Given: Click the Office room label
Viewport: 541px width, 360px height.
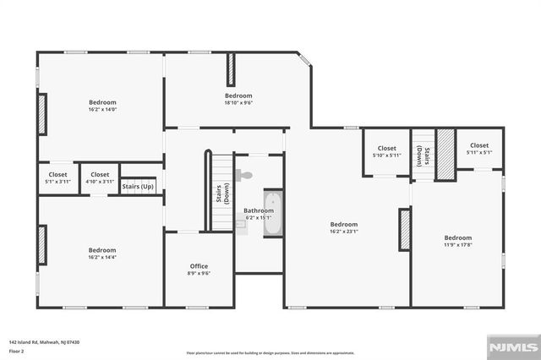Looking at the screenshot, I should tap(198, 266).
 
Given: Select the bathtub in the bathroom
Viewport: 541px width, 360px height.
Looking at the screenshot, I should tap(273, 214).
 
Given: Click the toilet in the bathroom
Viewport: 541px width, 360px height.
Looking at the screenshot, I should tap(244, 176).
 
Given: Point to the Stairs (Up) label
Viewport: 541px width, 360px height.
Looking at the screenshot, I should tap(138, 186).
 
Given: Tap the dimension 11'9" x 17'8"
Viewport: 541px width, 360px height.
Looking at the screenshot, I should tap(458, 244).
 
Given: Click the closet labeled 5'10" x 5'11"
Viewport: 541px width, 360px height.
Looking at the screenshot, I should tap(386, 152).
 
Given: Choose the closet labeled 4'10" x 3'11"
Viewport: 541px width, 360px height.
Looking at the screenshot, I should tap(100, 178).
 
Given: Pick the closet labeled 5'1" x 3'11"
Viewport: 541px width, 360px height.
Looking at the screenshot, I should tap(57, 178).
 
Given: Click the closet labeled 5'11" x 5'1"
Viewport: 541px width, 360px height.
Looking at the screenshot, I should tap(479, 150).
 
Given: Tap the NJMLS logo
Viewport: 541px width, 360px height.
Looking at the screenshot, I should tap(511, 346).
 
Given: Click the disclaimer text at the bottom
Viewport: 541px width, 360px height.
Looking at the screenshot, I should tap(270, 352).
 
